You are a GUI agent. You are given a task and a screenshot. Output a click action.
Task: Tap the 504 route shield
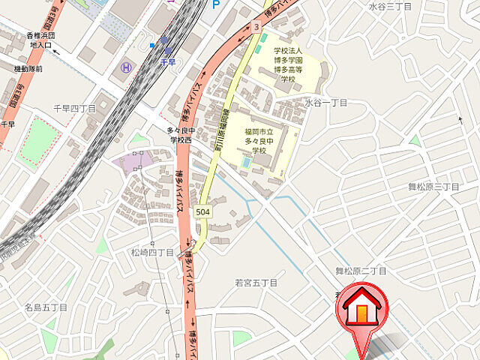pyautogui.click(x=202, y=213)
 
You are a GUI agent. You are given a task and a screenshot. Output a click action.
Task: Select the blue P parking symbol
pyautogui.click(x=216, y=4)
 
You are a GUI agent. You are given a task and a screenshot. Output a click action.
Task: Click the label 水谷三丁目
pyautogui.click(x=390, y=6)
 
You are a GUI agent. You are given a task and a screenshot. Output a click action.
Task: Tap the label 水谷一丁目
pyautogui.click(x=325, y=103)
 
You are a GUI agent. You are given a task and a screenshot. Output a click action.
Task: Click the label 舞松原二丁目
pyautogui.click(x=361, y=271)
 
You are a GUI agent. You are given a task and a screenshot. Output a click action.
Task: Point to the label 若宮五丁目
pyautogui.click(x=256, y=283)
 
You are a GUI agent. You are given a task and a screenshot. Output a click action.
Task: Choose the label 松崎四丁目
pyautogui.click(x=151, y=253)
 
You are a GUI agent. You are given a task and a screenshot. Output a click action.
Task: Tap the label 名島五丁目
pyautogui.click(x=46, y=307)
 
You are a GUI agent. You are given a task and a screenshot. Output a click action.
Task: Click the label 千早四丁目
pyautogui.click(x=74, y=109)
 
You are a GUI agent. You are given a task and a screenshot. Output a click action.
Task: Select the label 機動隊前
pyautogui.click(x=28, y=68)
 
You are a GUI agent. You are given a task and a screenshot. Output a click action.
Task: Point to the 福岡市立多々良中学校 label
pyautogui.click(x=259, y=140)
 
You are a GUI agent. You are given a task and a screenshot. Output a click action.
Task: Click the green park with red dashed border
pyautogui.click(x=40, y=141)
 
